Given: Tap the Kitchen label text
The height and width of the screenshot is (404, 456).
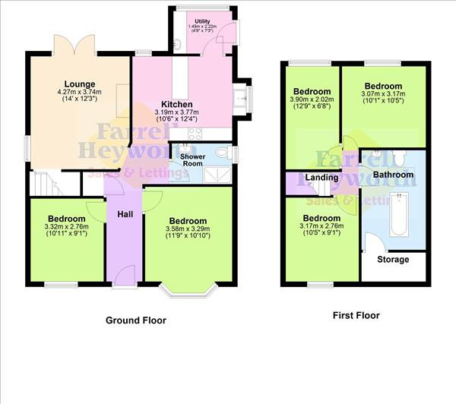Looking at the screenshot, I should (x=176, y=105).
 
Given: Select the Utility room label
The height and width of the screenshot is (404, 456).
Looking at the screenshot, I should (x=202, y=21).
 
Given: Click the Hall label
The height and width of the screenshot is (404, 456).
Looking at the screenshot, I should (x=125, y=214).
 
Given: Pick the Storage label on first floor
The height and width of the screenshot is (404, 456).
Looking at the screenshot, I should (x=393, y=260).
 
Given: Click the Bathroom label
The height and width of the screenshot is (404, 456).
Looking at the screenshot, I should (x=393, y=175).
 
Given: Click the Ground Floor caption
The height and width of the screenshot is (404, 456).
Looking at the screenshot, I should (x=135, y=320).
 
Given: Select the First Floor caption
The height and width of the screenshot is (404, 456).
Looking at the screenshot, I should (x=356, y=315).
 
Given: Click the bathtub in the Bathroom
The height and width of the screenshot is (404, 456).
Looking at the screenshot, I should (x=397, y=215).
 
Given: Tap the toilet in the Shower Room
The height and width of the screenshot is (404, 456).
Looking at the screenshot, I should (x=221, y=155).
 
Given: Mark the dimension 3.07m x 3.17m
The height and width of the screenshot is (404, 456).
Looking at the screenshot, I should (x=383, y=96).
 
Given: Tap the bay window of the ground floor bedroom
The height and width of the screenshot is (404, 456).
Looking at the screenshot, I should (x=190, y=289).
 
